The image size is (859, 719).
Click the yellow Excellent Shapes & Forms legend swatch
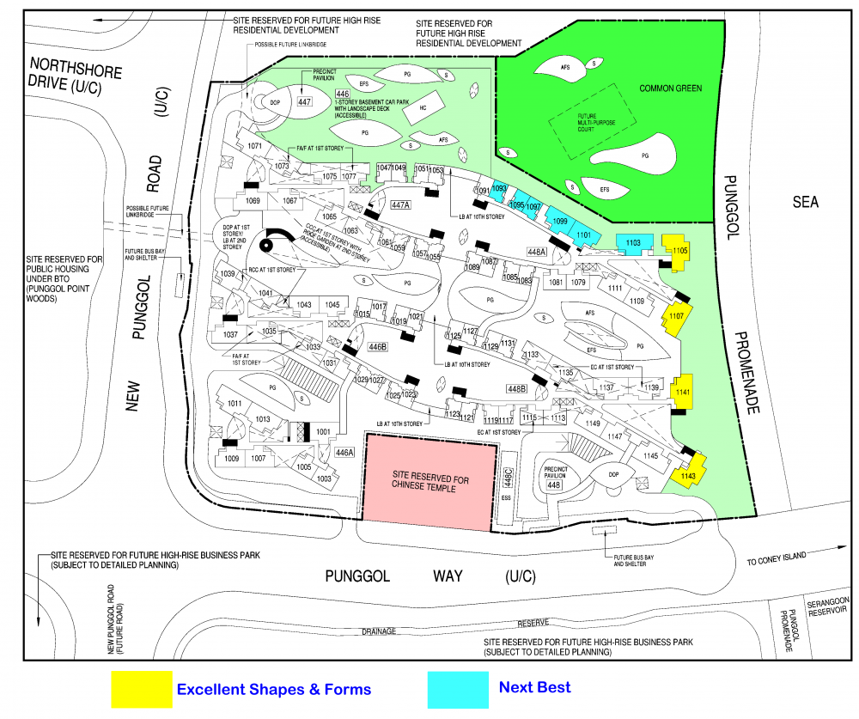142,689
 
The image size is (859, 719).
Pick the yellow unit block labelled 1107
676,317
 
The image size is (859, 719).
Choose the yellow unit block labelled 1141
682,392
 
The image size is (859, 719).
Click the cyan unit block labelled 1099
559,222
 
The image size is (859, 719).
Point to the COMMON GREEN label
671,88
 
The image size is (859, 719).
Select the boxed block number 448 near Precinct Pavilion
553,485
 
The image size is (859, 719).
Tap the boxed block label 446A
344,453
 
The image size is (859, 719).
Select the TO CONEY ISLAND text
777,557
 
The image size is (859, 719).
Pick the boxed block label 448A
536,252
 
